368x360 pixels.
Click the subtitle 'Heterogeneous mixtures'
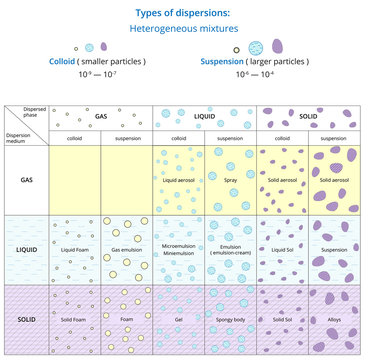tap(183, 29)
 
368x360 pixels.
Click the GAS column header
tap(101, 116)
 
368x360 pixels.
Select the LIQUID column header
tap(205, 116)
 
